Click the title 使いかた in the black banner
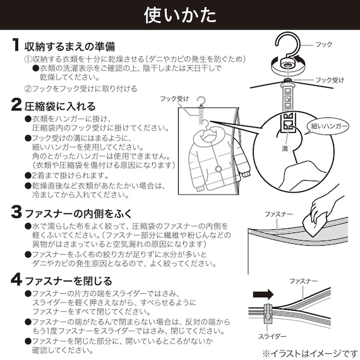coord(179,14)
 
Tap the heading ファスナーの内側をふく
coord(78,211)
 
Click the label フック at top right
coord(323,45)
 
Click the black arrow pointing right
coord(265,293)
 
